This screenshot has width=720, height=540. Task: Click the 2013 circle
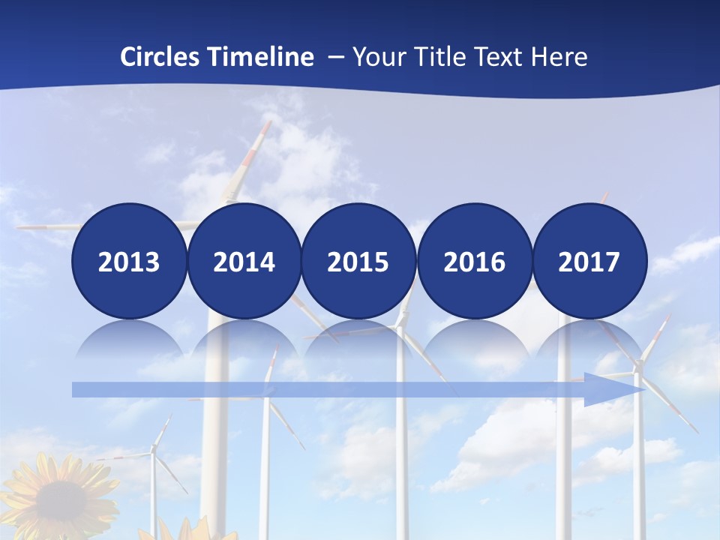129,261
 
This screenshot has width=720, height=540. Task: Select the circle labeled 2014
244,261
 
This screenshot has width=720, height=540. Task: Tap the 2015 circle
358,261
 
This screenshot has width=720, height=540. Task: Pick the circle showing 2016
474,261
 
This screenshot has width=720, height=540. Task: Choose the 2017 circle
589,261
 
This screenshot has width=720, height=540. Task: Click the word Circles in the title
159,57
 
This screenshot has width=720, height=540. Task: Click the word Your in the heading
380,57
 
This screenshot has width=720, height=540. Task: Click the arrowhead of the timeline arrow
615,389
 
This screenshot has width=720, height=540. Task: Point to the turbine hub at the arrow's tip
638,367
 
